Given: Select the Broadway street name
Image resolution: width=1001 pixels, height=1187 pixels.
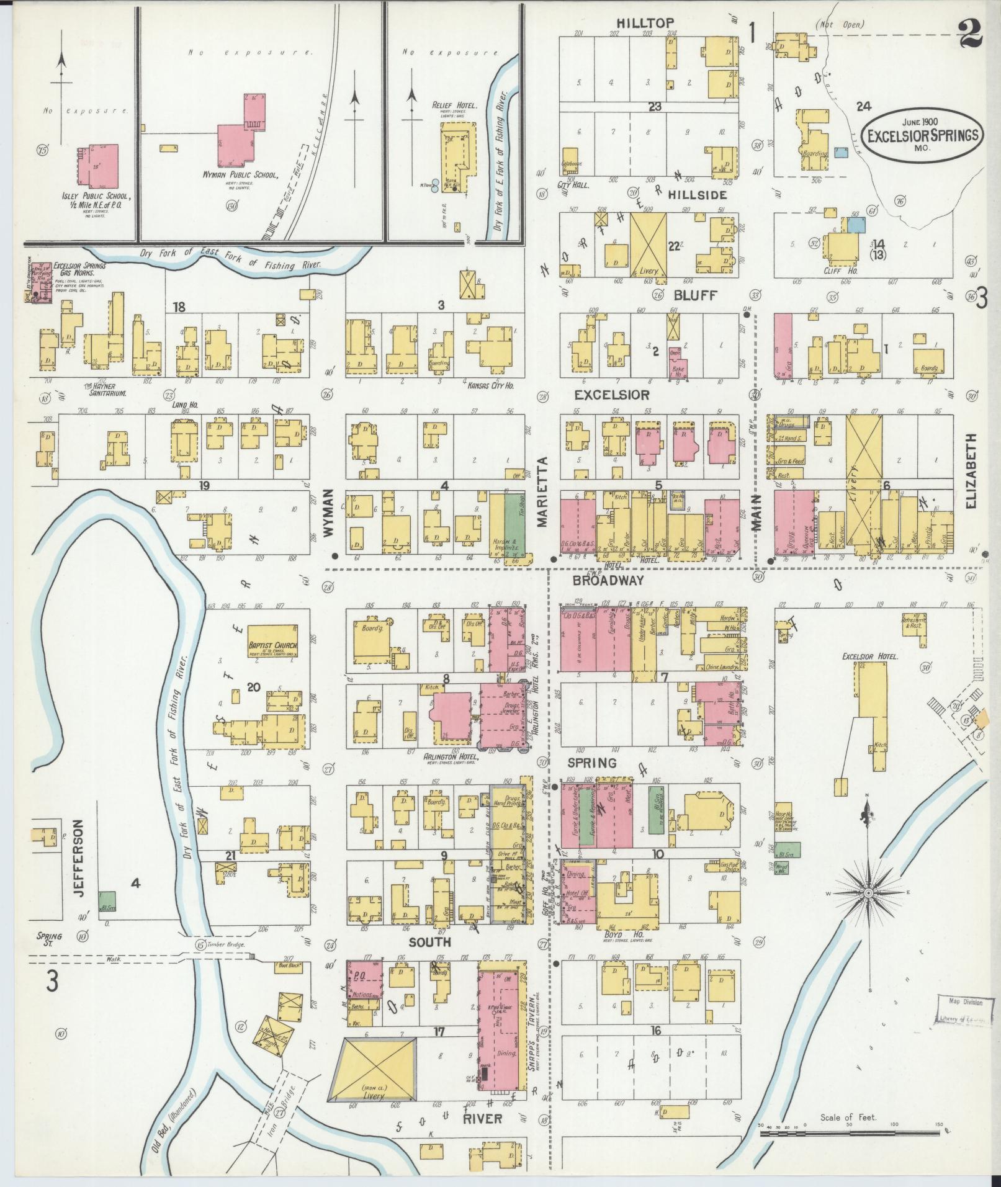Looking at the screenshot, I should pos(608,581).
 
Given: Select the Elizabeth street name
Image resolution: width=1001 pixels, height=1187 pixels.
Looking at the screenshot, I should pos(971,470).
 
